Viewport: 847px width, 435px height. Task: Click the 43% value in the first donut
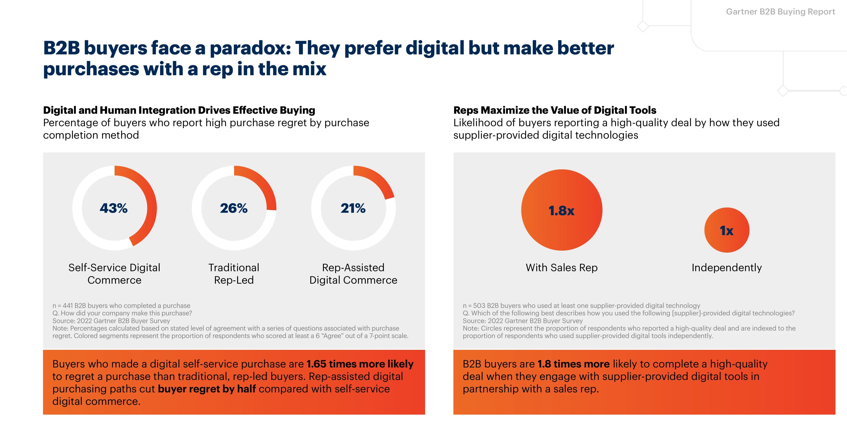click(x=114, y=208)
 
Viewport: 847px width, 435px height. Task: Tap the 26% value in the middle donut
click(x=234, y=208)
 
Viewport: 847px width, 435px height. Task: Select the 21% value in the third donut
click(x=353, y=208)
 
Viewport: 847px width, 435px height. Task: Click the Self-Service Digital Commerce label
click(x=114, y=273)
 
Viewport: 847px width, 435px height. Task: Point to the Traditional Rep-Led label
click(x=234, y=273)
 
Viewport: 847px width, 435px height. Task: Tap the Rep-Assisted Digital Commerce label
click(x=353, y=273)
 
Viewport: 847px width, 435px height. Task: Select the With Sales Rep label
click(x=562, y=268)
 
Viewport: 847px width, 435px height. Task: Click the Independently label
click(x=727, y=268)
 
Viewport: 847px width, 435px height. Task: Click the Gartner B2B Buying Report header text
click(x=780, y=12)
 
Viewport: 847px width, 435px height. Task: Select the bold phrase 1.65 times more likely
click(x=360, y=364)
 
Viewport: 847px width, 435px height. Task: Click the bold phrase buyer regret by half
click(x=207, y=389)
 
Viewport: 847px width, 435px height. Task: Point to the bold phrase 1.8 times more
click(x=573, y=364)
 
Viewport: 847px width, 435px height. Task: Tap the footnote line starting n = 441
click(x=121, y=306)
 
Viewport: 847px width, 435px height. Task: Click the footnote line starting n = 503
click(x=581, y=306)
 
